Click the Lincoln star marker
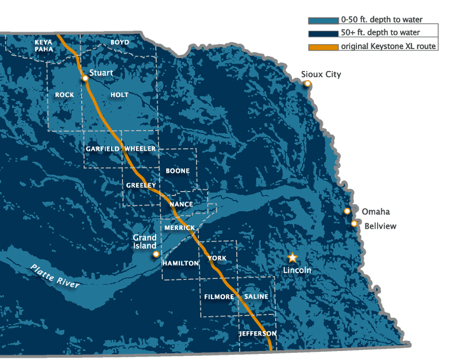(293, 257)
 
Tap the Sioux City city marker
(308, 84)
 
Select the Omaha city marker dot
(347, 211)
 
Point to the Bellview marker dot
(354, 224)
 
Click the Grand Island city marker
(156, 254)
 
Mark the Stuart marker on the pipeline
(85, 78)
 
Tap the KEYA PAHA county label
(44, 46)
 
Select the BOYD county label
(120, 42)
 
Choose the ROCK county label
(65, 95)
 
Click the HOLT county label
(120, 95)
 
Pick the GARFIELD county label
(103, 149)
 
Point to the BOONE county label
(178, 171)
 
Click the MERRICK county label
(179, 228)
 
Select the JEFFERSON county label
(258, 334)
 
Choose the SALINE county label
(256, 296)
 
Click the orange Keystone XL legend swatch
(323, 46)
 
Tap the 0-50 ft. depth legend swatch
(323, 20)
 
